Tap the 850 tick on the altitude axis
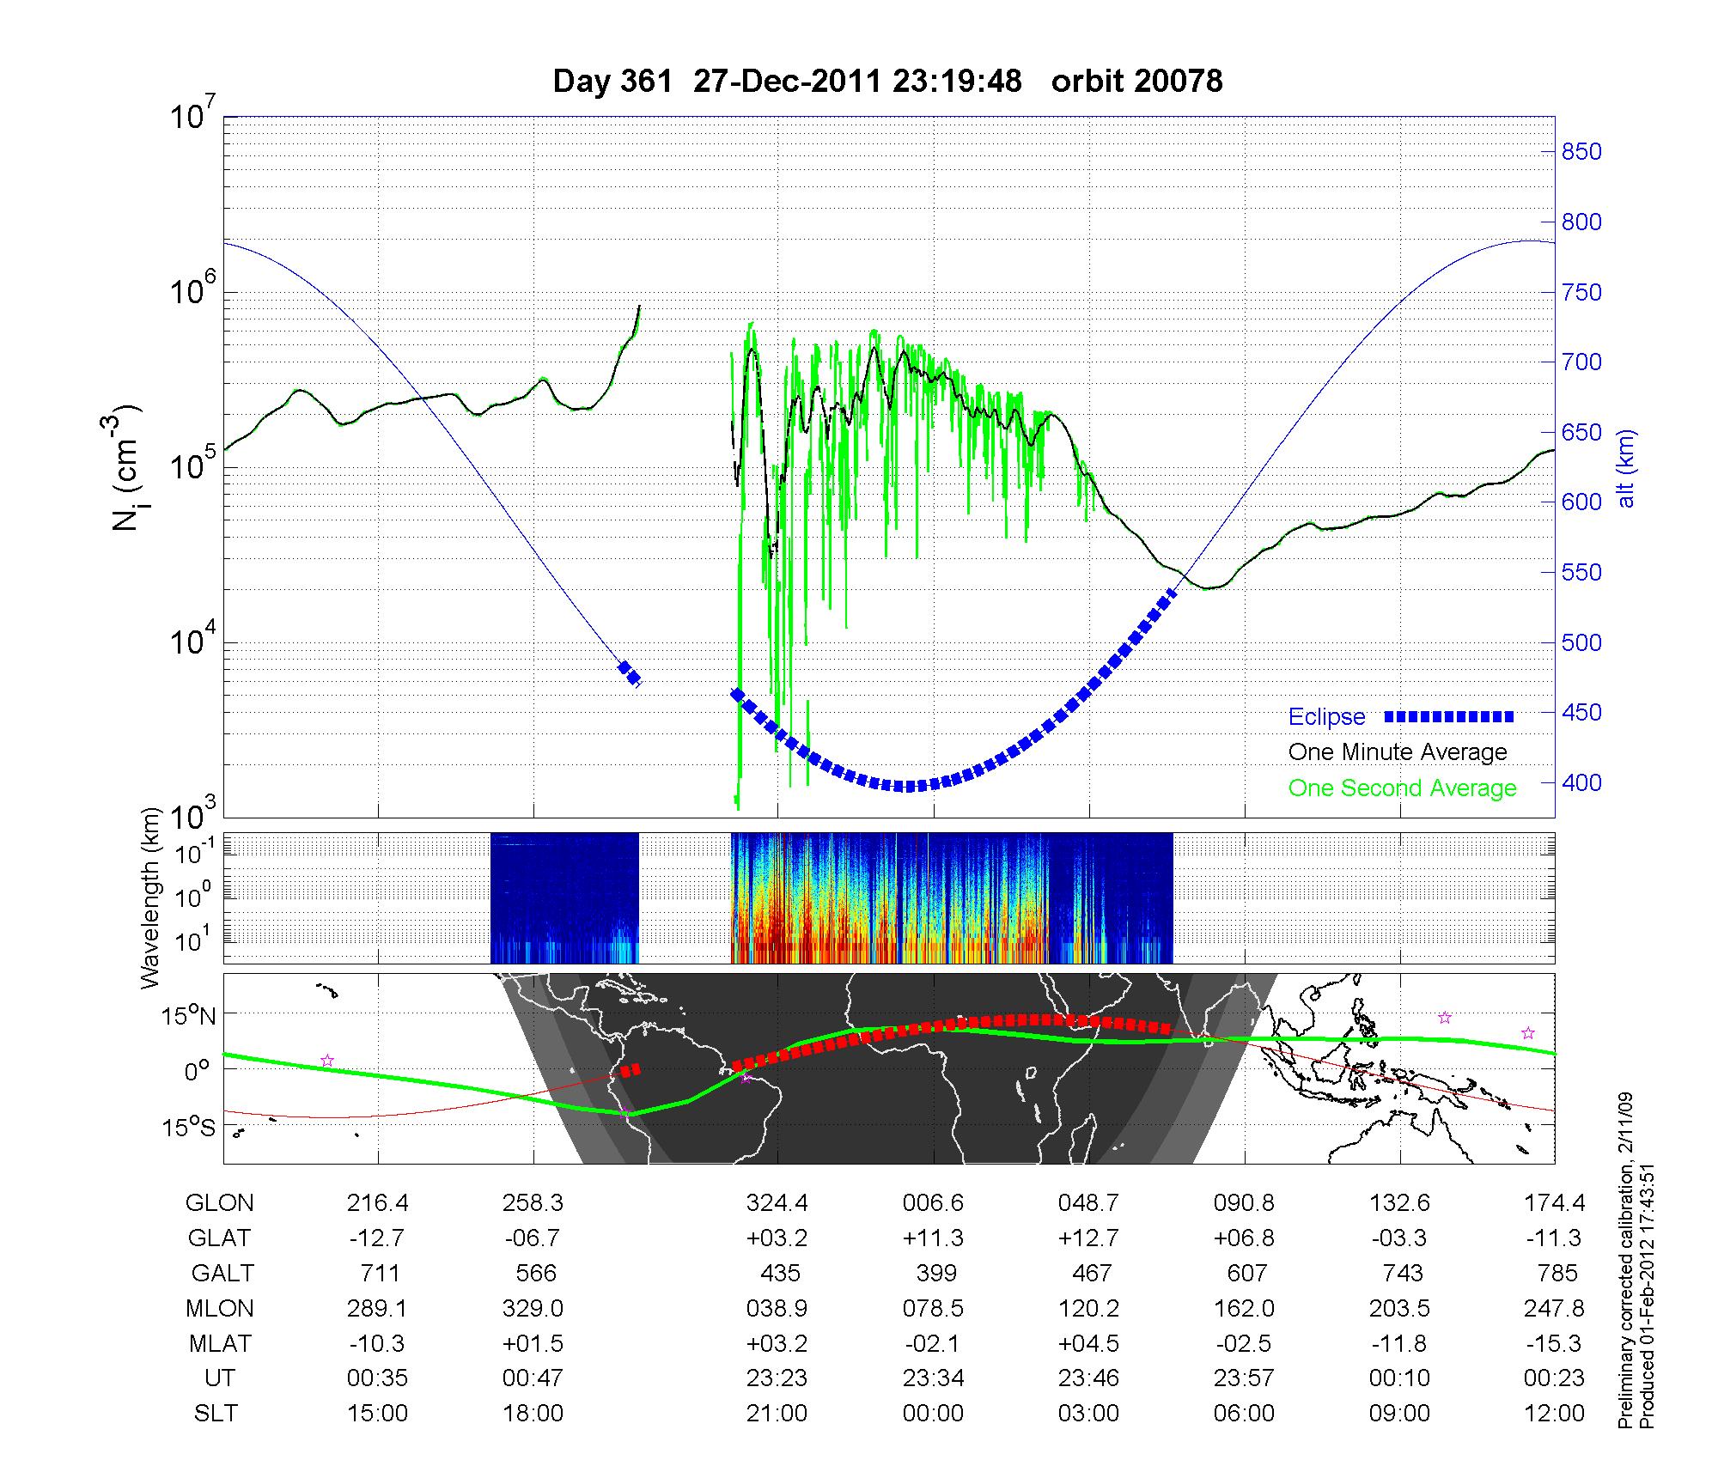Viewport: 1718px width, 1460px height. tap(1581, 152)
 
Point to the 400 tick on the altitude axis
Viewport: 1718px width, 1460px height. tap(1581, 783)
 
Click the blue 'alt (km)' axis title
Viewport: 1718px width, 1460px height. tap(1626, 469)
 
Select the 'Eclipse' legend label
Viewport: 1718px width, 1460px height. tap(1326, 717)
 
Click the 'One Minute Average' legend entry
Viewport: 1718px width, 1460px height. tap(1398, 752)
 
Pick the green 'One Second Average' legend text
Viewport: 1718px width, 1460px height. tap(1402, 788)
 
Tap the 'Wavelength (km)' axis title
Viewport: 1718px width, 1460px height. tap(151, 897)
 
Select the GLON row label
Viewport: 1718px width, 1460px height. tap(219, 1203)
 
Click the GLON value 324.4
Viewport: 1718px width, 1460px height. tap(777, 1203)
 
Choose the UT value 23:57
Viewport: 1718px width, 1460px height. tap(1245, 1378)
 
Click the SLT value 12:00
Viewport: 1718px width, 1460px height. tap(1555, 1414)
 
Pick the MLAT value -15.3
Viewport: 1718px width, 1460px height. tap(1555, 1343)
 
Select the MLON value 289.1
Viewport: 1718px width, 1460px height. tap(378, 1308)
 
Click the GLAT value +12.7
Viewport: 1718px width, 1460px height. tap(1089, 1238)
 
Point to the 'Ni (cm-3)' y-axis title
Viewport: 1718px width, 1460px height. tap(127, 468)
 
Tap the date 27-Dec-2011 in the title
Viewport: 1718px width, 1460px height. tap(787, 82)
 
